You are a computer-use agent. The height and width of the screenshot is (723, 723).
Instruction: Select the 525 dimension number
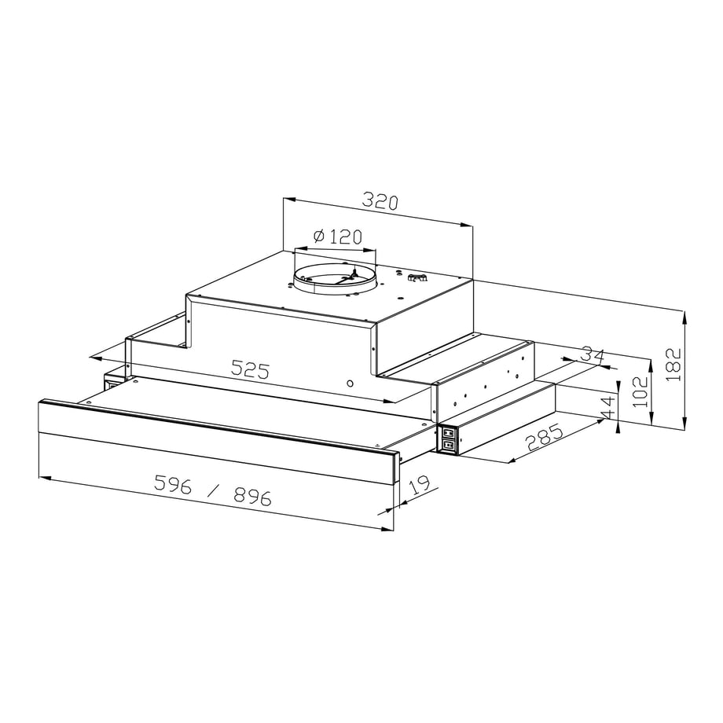tap(250, 369)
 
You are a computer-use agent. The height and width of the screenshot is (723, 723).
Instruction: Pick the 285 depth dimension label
tap(544, 438)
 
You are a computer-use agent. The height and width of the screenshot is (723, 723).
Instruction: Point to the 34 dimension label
tap(594, 354)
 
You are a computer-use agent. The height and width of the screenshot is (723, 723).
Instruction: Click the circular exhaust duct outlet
tap(335, 278)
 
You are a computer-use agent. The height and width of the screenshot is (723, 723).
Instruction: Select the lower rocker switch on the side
tap(448, 445)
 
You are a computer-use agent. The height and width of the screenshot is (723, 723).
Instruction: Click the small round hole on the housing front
tap(350, 384)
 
